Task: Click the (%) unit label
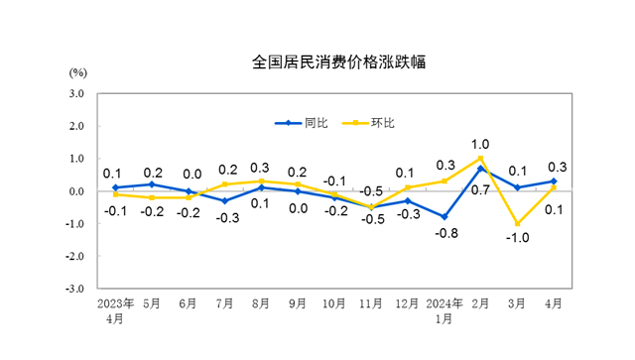78,73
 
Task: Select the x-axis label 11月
371,304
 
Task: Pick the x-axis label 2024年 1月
444,310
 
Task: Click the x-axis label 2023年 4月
115,310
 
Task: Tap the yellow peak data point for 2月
480,159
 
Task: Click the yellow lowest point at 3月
517,223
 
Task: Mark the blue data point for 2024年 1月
444,216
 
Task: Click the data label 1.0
480,144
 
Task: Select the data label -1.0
517,239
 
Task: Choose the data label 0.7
480,189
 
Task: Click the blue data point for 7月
224,200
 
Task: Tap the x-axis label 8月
261,304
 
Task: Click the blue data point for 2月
480,169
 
